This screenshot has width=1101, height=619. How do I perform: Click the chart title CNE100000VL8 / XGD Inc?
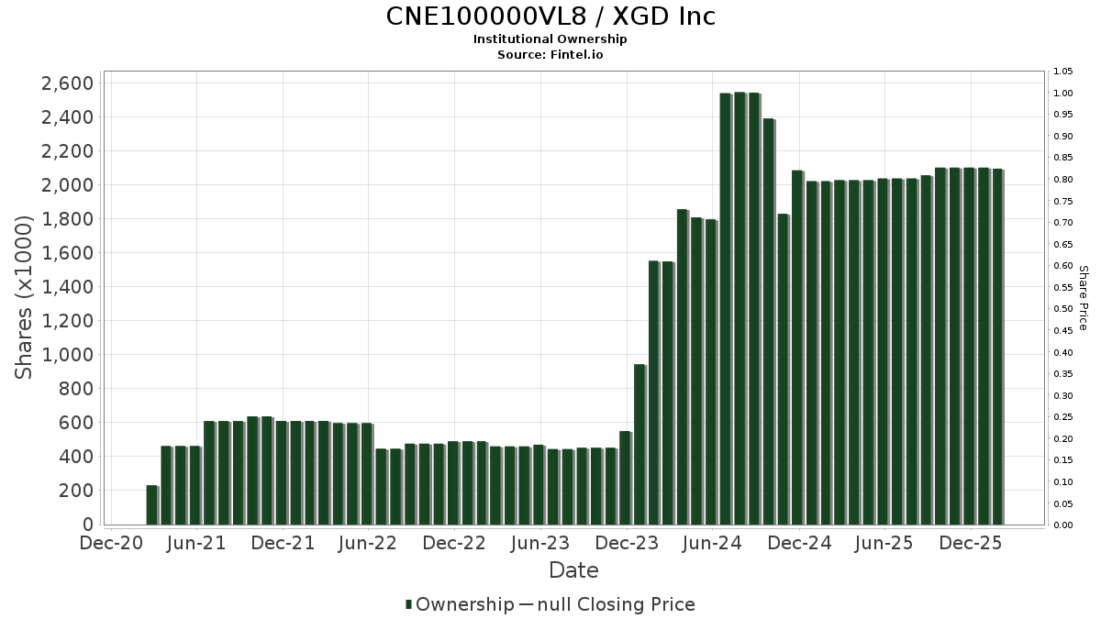[x=550, y=17]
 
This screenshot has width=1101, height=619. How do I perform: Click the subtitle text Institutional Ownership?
[x=550, y=39]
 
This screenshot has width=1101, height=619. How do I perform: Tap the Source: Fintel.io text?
[x=550, y=55]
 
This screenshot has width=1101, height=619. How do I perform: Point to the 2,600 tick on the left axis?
[x=68, y=83]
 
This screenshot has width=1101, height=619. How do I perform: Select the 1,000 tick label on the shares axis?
[x=68, y=355]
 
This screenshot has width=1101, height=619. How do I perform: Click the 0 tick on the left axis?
[x=87, y=525]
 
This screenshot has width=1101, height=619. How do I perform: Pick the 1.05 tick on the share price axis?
[x=1063, y=72]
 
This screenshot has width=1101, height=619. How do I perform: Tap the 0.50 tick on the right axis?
[x=1063, y=309]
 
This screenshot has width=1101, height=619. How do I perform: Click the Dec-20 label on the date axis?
[x=111, y=544]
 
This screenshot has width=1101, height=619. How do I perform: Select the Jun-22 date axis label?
[x=367, y=544]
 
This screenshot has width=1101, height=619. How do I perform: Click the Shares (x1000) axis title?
[x=28, y=297]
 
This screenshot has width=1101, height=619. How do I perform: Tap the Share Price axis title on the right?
[x=1083, y=297]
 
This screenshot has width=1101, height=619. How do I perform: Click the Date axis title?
[x=573, y=570]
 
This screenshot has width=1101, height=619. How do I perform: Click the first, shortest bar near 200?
[x=151, y=505]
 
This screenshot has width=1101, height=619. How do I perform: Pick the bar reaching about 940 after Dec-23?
[x=639, y=445]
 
